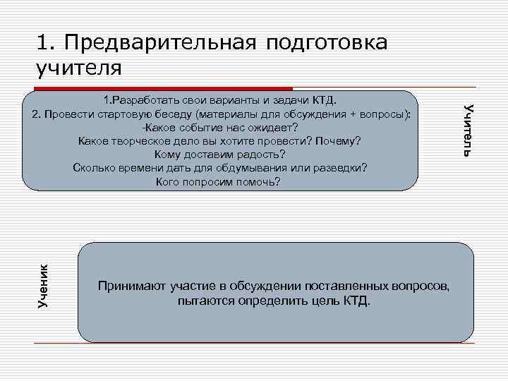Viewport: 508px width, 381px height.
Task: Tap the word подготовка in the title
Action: pyautogui.click(x=327, y=42)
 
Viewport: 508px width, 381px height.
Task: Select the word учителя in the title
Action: pyautogui.click(x=78, y=68)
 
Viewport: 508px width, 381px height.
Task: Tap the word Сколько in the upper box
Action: pyautogui.click(x=92, y=169)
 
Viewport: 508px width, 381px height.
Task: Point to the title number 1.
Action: pyautogui.click(x=41, y=42)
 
